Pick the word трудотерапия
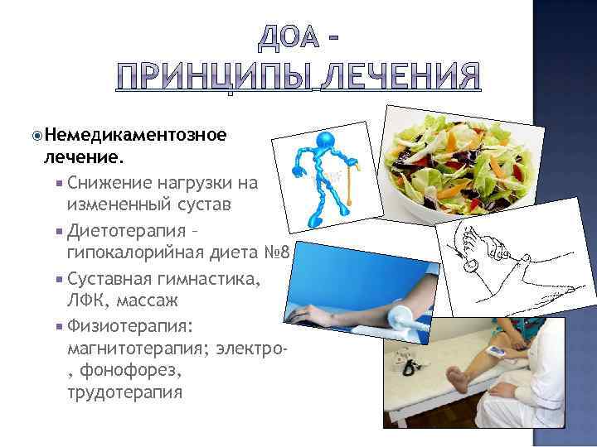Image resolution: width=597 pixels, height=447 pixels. coord(124,392)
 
